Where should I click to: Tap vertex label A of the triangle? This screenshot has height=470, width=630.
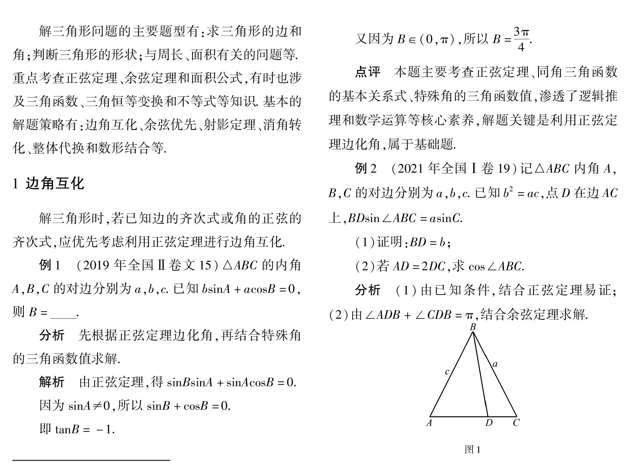point(429,423)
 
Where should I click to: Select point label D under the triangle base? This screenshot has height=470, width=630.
point(489,423)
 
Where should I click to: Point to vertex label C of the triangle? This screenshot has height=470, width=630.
point(516,423)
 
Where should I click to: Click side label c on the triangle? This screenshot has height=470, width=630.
point(447,372)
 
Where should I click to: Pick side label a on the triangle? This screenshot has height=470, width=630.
point(495,364)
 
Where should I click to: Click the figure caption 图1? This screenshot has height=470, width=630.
point(473,450)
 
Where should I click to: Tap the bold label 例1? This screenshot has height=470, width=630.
point(50,265)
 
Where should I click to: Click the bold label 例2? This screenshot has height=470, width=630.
point(366,168)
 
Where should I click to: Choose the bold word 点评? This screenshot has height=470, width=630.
point(367,72)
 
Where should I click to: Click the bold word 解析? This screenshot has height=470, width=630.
point(52,382)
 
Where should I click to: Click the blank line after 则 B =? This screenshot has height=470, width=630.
point(64,313)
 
